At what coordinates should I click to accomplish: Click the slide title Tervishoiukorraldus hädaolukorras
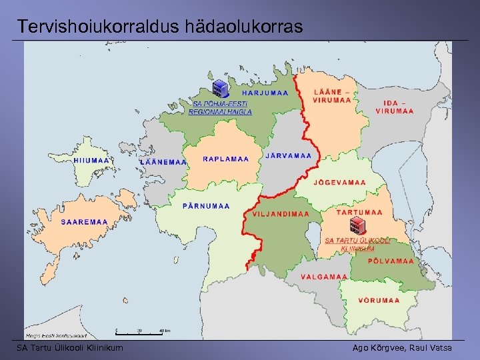160,27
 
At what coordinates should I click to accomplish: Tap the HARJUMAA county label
265,93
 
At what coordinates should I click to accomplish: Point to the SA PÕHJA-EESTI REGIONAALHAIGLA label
220,108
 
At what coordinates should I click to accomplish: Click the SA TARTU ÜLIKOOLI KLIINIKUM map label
357,244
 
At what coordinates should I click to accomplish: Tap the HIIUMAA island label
91,161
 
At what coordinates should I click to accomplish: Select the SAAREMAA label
85,222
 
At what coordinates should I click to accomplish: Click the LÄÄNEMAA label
163,162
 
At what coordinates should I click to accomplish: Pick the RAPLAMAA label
226,159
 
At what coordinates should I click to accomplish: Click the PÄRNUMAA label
206,206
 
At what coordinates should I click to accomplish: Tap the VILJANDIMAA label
281,214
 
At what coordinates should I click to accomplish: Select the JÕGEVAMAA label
339,182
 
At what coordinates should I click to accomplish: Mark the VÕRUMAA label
379,300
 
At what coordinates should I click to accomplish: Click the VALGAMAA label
324,277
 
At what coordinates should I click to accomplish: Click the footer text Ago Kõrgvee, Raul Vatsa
401,348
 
